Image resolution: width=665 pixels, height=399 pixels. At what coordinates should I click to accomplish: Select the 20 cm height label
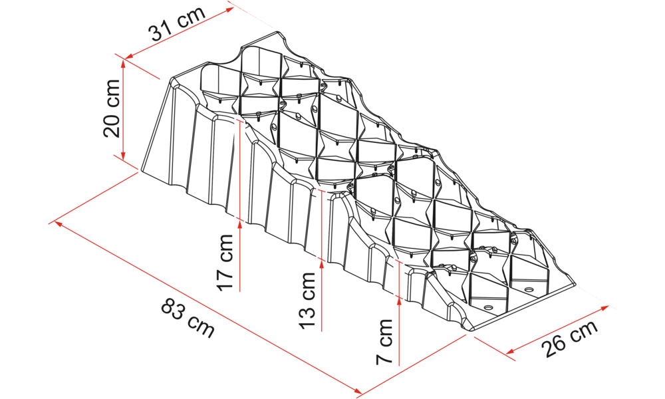(112, 108)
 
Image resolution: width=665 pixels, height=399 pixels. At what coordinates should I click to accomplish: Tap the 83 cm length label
(188, 318)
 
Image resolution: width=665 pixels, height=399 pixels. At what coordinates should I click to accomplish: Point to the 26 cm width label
(570, 338)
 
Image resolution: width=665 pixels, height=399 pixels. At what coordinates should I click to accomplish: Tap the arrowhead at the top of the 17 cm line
(240, 225)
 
